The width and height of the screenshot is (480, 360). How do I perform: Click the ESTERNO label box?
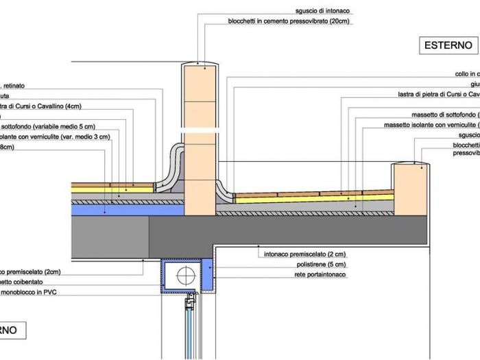[x=448, y=46]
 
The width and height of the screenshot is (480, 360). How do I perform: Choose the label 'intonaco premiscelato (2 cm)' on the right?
[x=304, y=254]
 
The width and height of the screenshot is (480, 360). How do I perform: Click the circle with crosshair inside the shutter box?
[x=185, y=276]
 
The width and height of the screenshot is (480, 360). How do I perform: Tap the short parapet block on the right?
[x=409, y=189]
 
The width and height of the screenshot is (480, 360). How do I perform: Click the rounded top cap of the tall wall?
[x=201, y=65]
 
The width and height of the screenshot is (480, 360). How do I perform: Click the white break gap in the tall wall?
[x=201, y=129]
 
